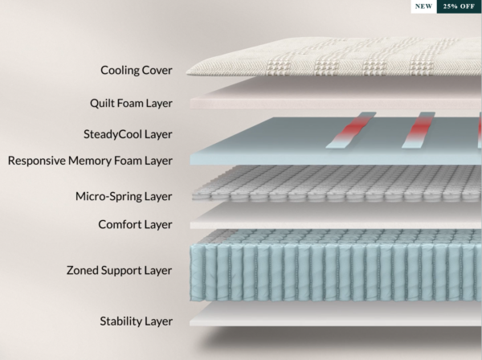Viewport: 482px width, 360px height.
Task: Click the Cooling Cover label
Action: (x=136, y=70)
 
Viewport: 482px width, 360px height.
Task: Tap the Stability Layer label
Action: (x=136, y=321)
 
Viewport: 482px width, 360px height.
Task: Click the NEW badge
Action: (x=423, y=7)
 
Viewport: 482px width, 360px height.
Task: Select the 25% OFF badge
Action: (x=459, y=7)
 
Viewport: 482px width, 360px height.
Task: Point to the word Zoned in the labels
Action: (x=85, y=271)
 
